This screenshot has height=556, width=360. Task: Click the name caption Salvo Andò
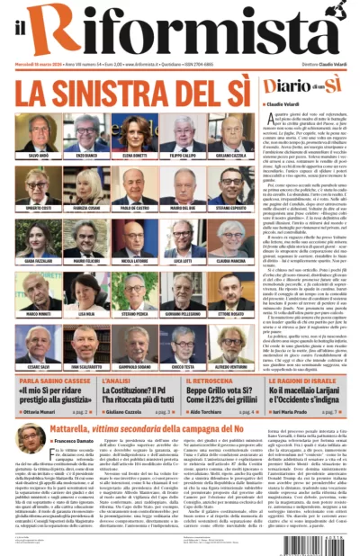coord(39,157)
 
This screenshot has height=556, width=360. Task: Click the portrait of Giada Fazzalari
coord(39,238)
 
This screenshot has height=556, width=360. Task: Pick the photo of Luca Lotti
coord(179,238)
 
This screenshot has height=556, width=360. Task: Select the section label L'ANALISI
coord(118,381)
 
